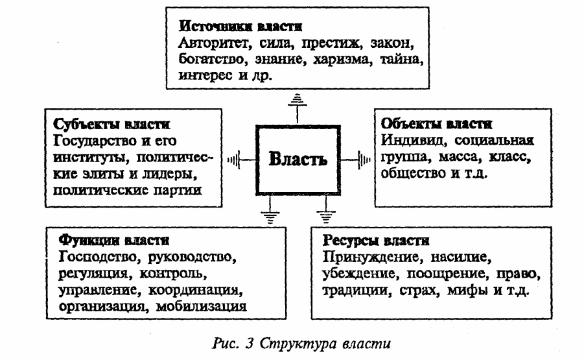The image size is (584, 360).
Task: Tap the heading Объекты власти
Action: [437, 124]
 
